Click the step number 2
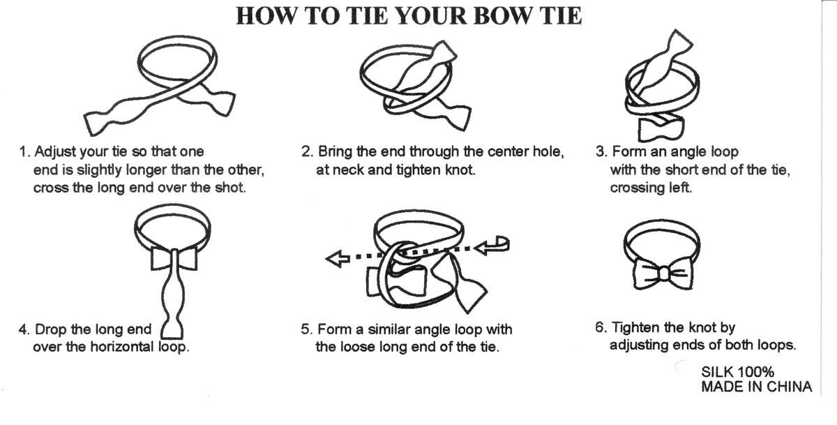click(x=307, y=151)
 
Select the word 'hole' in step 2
click(x=546, y=151)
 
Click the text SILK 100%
click(x=738, y=372)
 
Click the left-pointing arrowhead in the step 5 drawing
click(x=338, y=258)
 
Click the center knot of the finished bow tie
click(x=663, y=274)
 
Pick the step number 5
click(x=306, y=329)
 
